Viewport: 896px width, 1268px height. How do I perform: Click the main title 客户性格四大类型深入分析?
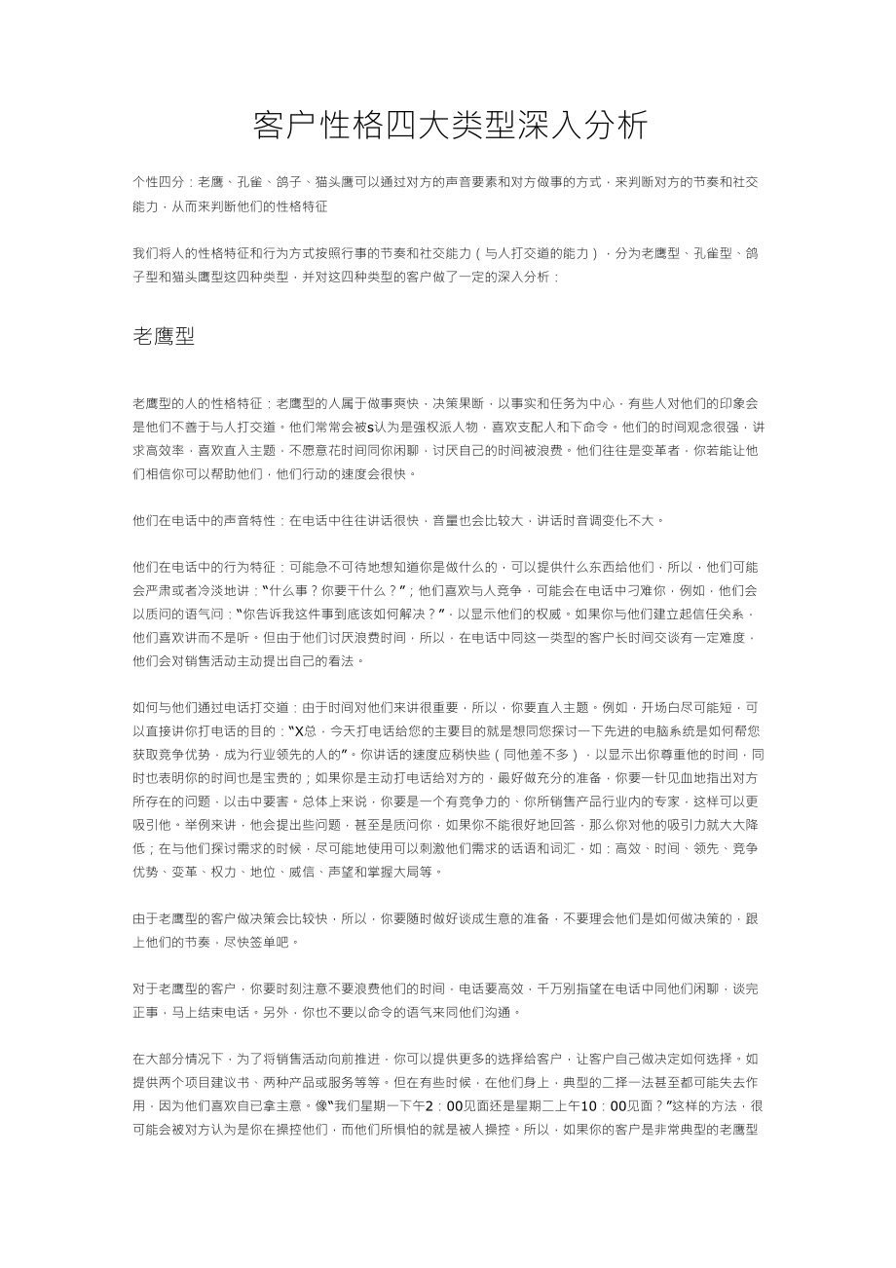click(449, 126)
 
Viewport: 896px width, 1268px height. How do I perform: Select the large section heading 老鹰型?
click(164, 337)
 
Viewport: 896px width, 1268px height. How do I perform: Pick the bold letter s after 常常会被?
click(371, 427)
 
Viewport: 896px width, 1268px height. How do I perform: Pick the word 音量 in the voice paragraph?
click(455, 520)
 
